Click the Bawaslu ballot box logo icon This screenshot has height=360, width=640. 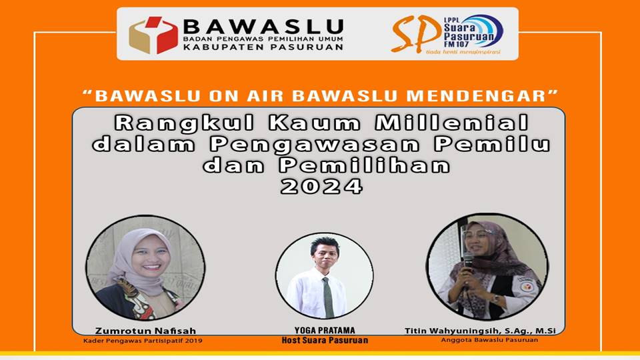[153, 35]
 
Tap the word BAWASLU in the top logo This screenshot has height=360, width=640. [263, 27]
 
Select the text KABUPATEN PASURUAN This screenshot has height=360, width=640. [263, 47]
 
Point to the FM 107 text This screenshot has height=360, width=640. [456, 44]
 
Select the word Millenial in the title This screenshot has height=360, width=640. [452, 123]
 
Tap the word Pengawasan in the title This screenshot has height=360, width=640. [315, 145]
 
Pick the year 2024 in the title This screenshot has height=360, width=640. [321, 187]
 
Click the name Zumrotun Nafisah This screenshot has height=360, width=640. [146, 331]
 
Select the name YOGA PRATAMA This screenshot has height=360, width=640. [325, 330]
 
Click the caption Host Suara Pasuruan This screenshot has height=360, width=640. [325, 340]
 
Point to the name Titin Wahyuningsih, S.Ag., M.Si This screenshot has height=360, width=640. [480, 331]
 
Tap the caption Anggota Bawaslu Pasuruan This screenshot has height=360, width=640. [489, 339]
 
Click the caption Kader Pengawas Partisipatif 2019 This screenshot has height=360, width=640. [143, 341]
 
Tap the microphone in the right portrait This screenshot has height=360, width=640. [468, 261]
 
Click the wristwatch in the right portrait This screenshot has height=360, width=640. [495, 299]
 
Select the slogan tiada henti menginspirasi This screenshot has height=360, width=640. [463, 52]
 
